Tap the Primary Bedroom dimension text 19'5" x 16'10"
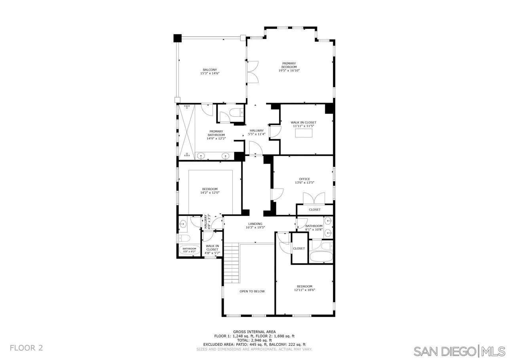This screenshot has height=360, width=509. coord(289,70)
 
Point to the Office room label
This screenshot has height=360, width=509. coord(304,179)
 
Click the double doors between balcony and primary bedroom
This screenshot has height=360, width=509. coord(252,72)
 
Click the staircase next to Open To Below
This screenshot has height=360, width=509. coord(232,263)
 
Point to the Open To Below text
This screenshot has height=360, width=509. coord(252,291)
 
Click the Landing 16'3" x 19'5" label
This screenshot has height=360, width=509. coord(255,225)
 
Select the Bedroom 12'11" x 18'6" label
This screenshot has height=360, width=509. coord(304,288)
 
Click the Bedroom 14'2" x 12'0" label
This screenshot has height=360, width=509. coord(210,191)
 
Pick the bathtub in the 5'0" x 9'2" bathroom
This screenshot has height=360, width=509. coord(189,250)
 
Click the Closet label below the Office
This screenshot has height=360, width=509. coord(315,210)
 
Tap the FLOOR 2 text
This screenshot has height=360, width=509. coord(26,348)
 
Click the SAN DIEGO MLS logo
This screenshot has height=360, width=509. coord(459,351)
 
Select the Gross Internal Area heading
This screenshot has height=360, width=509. coord(255,332)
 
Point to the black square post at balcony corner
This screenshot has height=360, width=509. coord(177,38)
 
